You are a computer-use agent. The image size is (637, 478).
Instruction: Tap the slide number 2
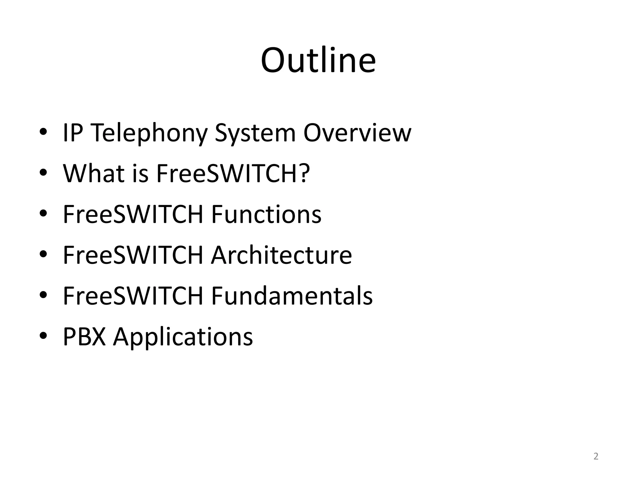pos(596,456)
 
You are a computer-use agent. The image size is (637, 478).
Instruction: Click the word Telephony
pos(150,133)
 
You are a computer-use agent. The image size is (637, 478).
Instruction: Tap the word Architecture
pos(281,255)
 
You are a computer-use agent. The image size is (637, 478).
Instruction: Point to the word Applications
pos(183,337)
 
